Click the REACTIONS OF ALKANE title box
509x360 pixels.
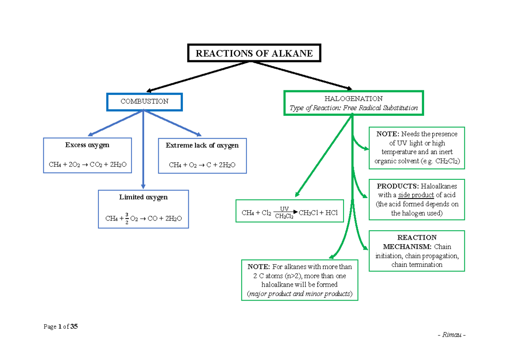click(254, 53)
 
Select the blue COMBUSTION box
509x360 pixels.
click(144, 101)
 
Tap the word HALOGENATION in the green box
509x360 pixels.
click(353, 99)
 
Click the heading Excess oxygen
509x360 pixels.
click(87, 145)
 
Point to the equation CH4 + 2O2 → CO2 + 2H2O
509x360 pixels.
click(87, 164)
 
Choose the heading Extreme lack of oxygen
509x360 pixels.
click(202, 145)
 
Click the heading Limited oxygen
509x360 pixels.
click(143, 197)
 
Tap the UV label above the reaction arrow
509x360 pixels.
click(284, 209)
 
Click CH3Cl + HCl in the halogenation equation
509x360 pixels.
click(318, 213)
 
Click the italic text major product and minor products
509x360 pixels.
click(299, 294)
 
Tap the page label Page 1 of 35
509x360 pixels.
click(61, 327)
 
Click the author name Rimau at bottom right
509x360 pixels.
click(451, 335)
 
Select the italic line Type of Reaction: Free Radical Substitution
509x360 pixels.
click(353, 108)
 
